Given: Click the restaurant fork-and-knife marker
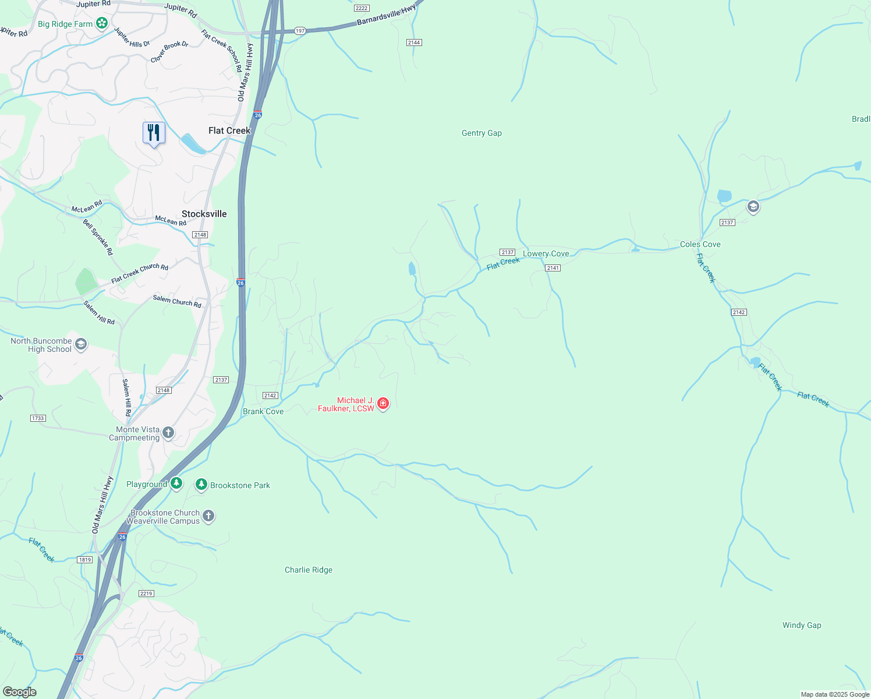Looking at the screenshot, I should [154, 133].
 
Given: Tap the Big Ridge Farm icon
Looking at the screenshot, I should [102, 23].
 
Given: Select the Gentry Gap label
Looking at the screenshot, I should [481, 133].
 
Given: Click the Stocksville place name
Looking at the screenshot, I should [204, 214].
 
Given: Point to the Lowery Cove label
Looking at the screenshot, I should [546, 253].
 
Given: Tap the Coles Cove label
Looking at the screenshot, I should [700, 244].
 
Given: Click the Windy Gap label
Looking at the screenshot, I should [801, 625].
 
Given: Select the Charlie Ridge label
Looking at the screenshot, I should [308, 570].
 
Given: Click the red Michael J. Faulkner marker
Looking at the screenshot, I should [383, 403].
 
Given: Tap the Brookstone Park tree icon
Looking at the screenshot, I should [201, 485].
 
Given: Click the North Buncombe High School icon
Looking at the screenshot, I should [81, 344].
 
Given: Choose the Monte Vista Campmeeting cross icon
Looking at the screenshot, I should [168, 432].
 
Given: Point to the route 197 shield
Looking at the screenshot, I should [300, 31].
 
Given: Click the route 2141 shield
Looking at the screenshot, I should [553, 268].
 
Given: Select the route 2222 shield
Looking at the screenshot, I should [362, 8].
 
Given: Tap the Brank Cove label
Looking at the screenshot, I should [263, 411].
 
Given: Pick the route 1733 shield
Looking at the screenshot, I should [38, 418].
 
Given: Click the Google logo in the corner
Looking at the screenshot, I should [19, 692].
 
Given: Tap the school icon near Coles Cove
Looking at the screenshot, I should [753, 207].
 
